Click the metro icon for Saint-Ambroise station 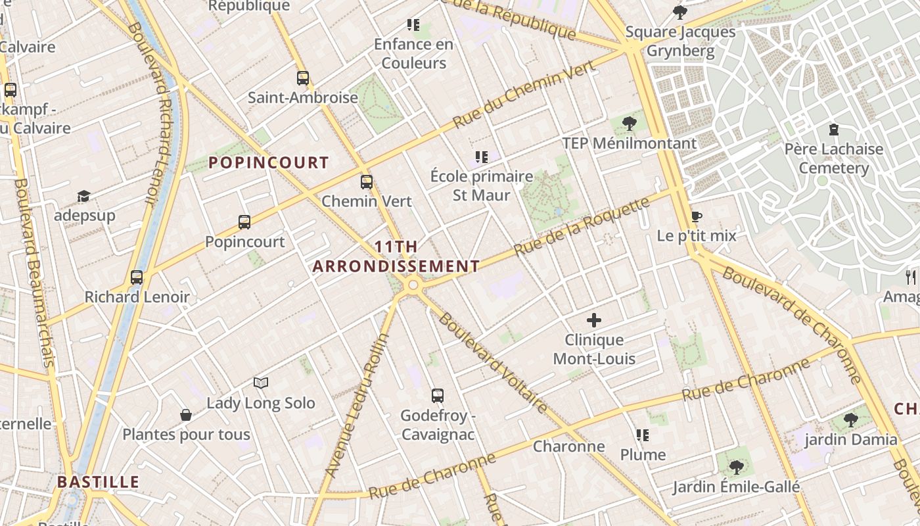click(x=302, y=78)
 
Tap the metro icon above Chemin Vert click(x=366, y=182)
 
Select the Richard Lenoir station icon click(x=137, y=277)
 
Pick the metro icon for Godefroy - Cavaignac click(x=438, y=396)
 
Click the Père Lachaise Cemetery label click(x=833, y=158)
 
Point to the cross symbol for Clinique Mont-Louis click(x=594, y=320)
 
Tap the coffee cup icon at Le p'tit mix click(x=697, y=216)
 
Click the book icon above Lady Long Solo click(x=261, y=383)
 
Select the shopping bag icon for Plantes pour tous click(x=186, y=415)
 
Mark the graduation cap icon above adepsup click(x=83, y=196)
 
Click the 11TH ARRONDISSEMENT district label click(x=396, y=256)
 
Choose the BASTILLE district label click(x=98, y=482)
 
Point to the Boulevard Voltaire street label click(x=492, y=363)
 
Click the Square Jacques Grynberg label click(x=680, y=41)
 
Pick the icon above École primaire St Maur click(x=482, y=157)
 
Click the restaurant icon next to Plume click(x=643, y=435)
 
